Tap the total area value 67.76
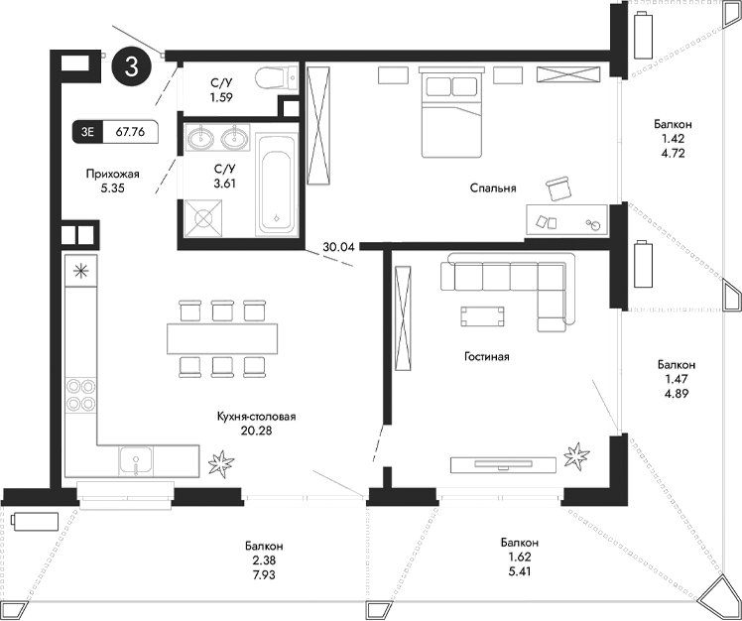coord(130,130)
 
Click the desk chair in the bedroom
coord(559,187)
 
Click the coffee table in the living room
coord(482,316)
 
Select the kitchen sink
coord(135,459)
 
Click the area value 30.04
coord(338,248)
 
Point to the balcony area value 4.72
coord(673,154)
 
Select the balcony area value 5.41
coord(519,571)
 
